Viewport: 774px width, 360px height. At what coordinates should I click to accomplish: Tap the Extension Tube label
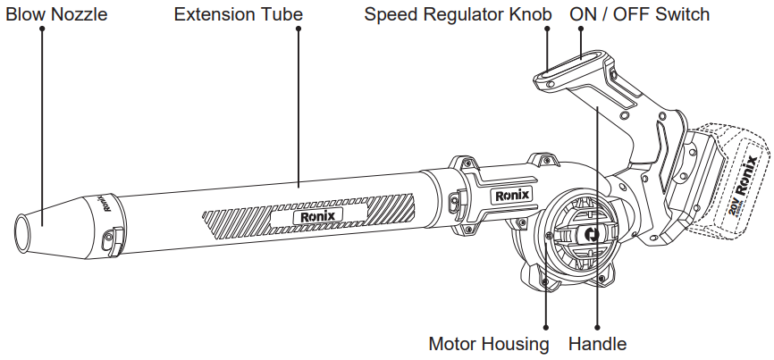coord(238,14)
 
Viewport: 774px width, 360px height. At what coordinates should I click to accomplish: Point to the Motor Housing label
coord(489,344)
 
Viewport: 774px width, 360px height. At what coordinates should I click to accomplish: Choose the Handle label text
coord(597,344)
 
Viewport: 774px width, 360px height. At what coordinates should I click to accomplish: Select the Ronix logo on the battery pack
coord(749,175)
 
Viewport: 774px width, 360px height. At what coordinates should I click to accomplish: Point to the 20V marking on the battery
coord(735,210)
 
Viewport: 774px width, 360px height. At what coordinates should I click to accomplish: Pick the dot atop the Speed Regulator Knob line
coord(547,29)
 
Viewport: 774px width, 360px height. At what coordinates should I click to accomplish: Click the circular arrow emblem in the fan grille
coord(590,235)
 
